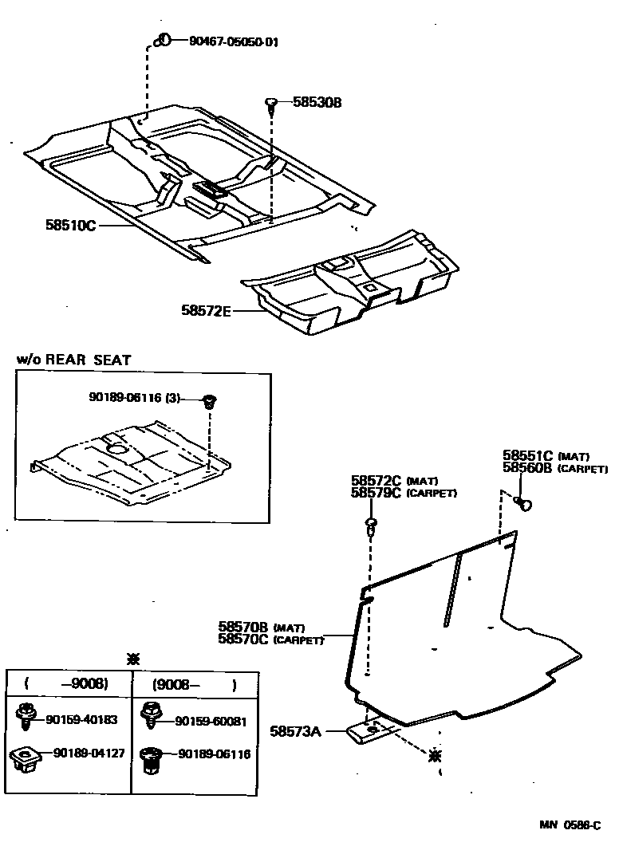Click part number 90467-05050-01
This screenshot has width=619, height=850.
tap(234, 42)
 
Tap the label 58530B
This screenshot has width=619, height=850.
tap(317, 103)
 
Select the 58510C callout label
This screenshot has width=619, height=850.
tap(70, 226)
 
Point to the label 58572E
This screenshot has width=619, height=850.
tap(205, 311)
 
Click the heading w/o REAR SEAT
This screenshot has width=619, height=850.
tap(74, 360)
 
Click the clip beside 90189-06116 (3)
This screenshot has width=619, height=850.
tap(211, 400)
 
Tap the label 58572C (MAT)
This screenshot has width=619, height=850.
tap(394, 481)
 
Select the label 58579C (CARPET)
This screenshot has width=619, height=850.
tap(404, 494)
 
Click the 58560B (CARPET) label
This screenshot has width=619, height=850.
tap(555, 469)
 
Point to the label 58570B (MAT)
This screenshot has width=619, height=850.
tap(261, 627)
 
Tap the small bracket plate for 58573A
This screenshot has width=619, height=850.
tap(372, 732)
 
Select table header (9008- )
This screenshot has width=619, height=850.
tap(194, 684)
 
